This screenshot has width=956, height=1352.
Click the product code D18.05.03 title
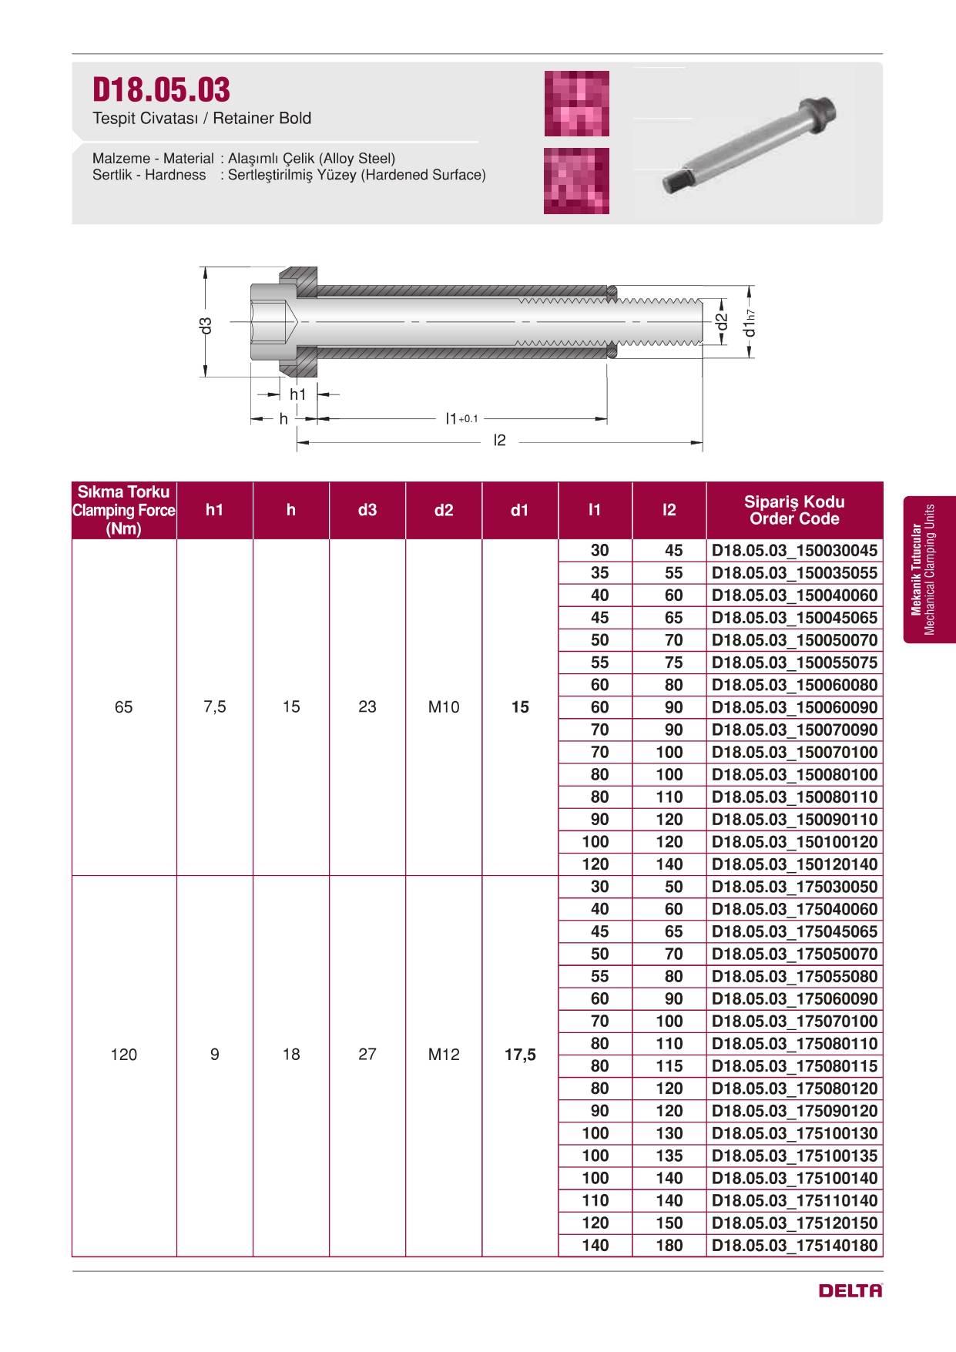161,90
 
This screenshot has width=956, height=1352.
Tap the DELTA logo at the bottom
850,1290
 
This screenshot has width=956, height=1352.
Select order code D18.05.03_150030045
794,551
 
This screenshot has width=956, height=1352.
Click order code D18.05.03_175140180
794,1246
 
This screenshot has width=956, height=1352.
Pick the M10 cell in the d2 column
444,707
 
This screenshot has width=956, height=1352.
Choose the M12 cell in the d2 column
444,1055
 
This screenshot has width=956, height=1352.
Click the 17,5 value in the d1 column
520,1055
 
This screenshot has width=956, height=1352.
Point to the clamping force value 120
123,1055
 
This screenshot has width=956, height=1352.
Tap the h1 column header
214,510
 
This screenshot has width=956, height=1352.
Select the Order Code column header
794,510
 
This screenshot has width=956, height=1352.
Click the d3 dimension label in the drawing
205,326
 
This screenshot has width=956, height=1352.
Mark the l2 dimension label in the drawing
499,441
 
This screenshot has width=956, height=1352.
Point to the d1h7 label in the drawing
749,324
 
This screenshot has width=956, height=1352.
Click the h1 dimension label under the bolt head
298,394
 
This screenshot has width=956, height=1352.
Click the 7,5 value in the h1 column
214,707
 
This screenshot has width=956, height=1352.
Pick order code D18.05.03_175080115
794,1066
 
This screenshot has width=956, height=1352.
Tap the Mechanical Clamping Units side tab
930,570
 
